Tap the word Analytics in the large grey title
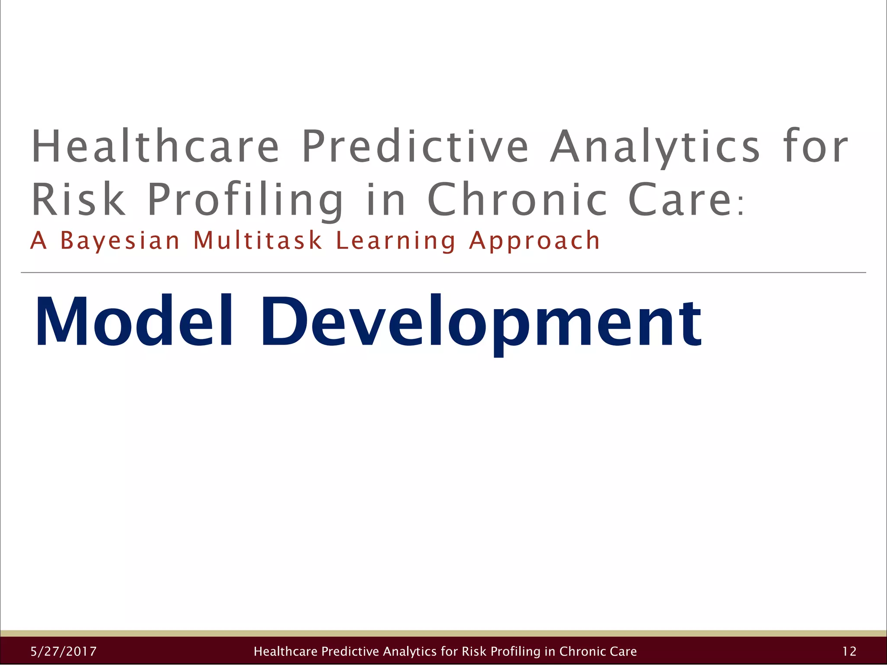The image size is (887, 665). pos(655,147)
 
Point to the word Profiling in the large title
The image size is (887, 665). pos(245,200)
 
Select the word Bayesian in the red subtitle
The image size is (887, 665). pos(120,241)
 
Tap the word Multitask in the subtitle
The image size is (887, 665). pos(258,241)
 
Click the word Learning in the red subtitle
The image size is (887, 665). pos(395,242)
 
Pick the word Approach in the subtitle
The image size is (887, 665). pos(534,242)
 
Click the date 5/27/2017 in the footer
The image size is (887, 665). pos(64,651)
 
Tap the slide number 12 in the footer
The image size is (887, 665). pos(849,651)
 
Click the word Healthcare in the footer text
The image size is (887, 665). pos(285,651)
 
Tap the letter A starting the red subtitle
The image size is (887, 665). pos(38,241)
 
